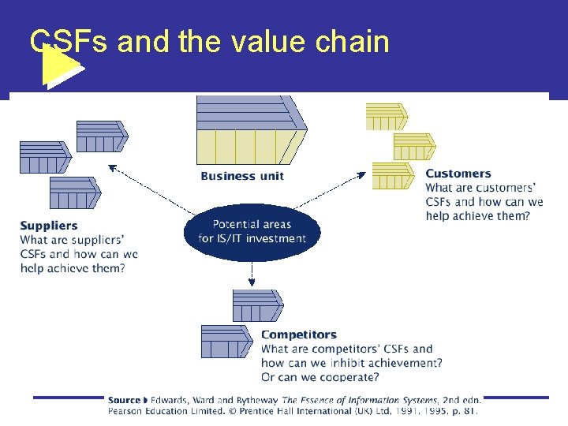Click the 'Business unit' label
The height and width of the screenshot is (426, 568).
[x=241, y=176]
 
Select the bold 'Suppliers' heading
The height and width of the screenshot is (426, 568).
[x=49, y=226]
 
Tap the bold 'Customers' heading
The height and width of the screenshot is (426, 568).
[x=458, y=174]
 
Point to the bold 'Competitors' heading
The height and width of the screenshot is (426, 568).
[x=298, y=334]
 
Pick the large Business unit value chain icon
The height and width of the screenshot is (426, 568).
[x=251, y=130]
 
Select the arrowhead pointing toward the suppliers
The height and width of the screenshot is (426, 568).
[x=112, y=166]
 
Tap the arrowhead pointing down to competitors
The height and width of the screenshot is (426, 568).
[x=252, y=282]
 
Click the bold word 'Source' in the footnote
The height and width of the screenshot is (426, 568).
[x=124, y=400]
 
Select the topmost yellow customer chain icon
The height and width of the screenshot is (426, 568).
[x=387, y=116]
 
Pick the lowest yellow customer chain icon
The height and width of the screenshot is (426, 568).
[x=392, y=175]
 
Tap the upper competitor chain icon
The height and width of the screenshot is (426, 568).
[x=257, y=305]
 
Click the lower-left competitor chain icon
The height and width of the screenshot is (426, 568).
[x=226, y=341]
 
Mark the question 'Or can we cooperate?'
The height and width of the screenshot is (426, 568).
[x=320, y=377]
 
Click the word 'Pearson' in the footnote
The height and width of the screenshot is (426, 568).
[x=127, y=410]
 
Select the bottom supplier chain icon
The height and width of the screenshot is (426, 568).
[x=75, y=192]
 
